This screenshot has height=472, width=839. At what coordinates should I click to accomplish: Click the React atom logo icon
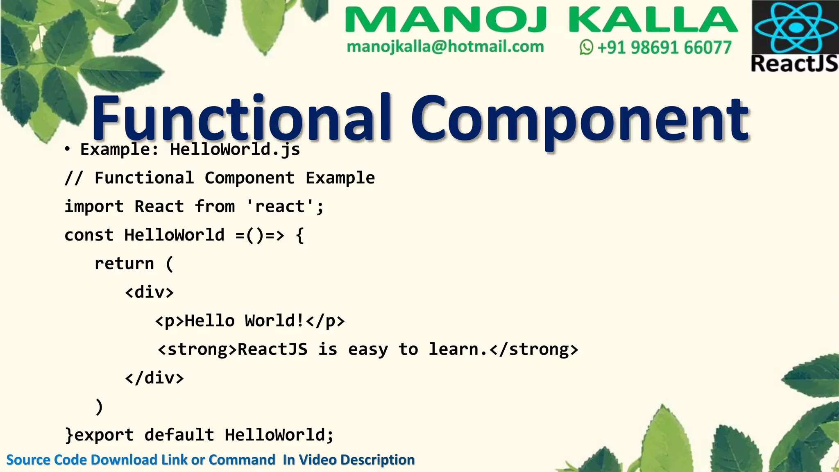796,27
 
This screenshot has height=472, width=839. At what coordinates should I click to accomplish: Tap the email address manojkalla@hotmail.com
445,47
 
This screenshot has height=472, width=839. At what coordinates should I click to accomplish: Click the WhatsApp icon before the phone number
586,48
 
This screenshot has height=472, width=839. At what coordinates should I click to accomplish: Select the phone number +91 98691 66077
664,48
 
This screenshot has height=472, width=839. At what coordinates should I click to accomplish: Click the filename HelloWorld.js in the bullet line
235,149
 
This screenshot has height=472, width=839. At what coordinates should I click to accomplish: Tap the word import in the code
94,206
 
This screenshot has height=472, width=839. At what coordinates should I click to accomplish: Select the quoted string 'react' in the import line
280,206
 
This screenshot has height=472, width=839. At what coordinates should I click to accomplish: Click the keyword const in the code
89,235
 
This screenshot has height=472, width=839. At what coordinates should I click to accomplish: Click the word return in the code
124,263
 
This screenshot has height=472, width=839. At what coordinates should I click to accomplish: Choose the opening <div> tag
150,292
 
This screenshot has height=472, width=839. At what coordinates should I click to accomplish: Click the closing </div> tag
154,378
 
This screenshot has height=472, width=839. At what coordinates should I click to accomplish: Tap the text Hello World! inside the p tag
244,321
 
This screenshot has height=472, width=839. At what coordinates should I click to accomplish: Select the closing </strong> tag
534,349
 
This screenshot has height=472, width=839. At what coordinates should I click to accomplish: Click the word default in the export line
179,435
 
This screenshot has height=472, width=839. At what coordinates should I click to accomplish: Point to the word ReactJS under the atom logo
794,64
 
